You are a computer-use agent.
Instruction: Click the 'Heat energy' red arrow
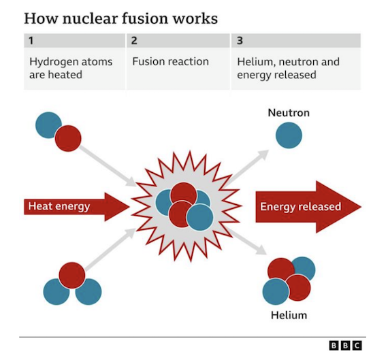(x=77, y=207)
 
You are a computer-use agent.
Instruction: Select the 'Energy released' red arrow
(x=308, y=207)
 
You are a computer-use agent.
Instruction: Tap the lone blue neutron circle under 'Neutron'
(x=289, y=135)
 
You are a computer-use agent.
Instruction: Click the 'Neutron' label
(x=289, y=113)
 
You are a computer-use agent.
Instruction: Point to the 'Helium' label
(x=289, y=315)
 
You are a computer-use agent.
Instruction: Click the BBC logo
(x=345, y=346)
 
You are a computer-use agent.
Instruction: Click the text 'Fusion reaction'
(x=170, y=62)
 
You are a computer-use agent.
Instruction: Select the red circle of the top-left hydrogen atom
(x=68, y=138)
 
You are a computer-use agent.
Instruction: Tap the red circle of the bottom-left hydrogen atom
(x=72, y=276)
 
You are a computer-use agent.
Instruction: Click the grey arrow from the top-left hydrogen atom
(x=107, y=165)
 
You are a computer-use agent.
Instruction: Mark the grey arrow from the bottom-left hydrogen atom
(x=110, y=249)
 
